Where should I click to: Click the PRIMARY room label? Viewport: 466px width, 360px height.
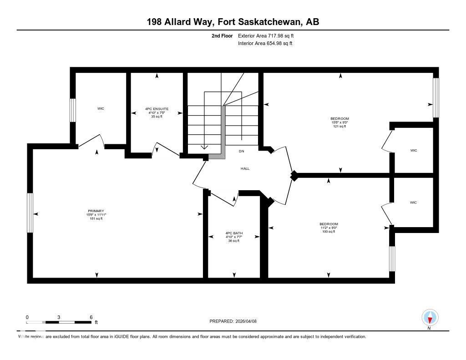point(96,211)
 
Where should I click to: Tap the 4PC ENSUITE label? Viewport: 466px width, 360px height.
point(157,109)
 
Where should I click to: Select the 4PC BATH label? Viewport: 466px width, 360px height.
point(234,233)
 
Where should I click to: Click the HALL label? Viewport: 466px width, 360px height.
point(245,168)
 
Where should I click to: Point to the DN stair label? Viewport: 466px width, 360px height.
point(242,151)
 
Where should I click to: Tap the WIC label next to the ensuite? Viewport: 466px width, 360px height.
point(101,108)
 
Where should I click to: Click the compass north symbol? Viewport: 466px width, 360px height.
point(430,318)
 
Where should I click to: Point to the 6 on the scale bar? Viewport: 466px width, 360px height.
point(91,317)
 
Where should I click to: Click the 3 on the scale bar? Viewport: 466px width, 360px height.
point(59,317)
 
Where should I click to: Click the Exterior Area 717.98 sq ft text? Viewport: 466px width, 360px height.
point(269,35)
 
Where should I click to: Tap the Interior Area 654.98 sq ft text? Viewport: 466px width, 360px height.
point(265,43)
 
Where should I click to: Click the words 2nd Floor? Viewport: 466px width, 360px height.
point(222,35)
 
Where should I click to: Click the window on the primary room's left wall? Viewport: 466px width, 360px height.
point(30,213)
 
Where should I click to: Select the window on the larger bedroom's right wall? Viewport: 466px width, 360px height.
point(436,97)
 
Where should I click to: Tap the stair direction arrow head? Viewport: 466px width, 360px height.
point(204,147)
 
